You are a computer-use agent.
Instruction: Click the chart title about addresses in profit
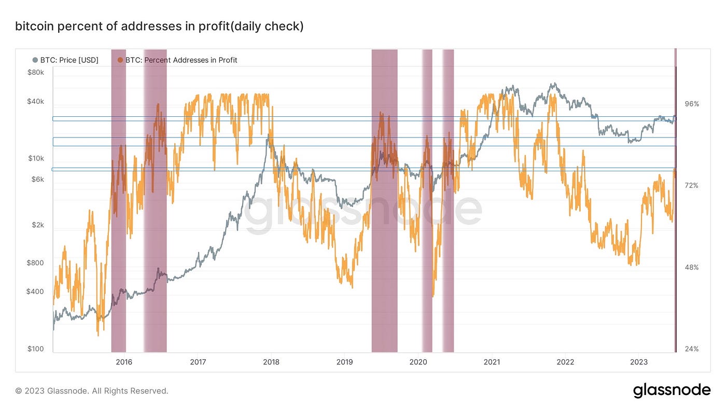coord(159,26)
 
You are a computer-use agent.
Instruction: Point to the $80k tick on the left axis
coord(35,73)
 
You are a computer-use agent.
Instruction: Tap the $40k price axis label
coord(35,102)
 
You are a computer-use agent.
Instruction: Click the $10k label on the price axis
coord(36,158)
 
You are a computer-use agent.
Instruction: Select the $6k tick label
coord(37,180)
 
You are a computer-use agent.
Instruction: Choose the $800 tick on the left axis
coord(36,263)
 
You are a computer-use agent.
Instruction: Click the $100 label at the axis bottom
coord(36,349)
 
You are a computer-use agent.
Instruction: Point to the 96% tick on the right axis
coord(692,104)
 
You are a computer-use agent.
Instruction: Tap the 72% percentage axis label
coord(692,185)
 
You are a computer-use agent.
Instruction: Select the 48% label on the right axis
coord(692,267)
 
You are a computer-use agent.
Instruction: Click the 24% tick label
coord(692,349)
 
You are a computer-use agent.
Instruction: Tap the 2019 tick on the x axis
coord(345,362)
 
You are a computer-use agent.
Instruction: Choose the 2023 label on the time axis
coord(638,362)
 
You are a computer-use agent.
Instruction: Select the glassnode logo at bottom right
coord(672,390)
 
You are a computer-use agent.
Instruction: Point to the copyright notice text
coord(92,391)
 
